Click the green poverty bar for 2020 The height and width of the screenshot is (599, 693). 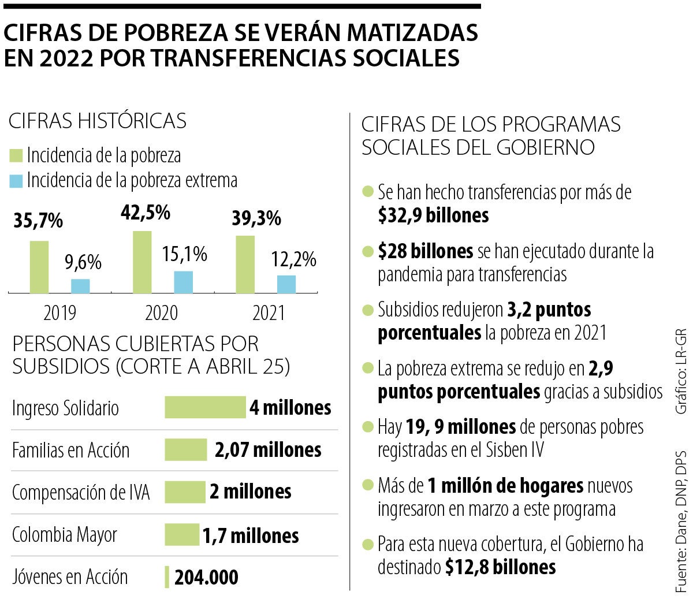(x=142, y=262)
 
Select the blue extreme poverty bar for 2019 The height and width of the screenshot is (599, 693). (x=80, y=286)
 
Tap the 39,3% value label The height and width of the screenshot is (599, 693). (x=256, y=219)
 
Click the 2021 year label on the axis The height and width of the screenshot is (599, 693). (x=269, y=312)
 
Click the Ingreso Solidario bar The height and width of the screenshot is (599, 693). (x=205, y=407)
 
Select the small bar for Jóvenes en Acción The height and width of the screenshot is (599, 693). (x=167, y=576)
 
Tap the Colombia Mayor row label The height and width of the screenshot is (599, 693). (x=65, y=534)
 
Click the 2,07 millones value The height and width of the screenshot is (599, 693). (x=267, y=449)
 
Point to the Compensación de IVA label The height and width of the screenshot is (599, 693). (x=81, y=492)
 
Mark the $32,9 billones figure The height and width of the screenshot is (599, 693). (x=433, y=215)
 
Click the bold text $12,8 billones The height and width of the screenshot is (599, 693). (x=501, y=567)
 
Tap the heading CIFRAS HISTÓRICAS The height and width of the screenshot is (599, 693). (x=97, y=121)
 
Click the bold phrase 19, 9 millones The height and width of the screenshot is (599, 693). (x=475, y=427)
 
